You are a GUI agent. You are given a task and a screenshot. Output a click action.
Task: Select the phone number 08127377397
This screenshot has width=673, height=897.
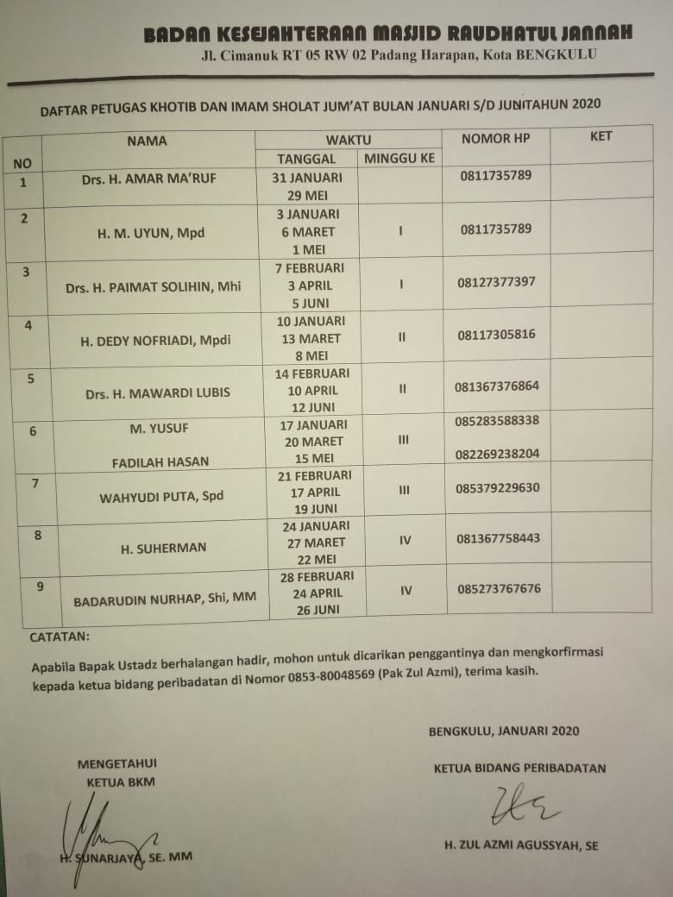click(x=497, y=282)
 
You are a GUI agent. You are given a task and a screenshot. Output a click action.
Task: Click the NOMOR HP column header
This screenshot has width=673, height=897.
click(x=496, y=138)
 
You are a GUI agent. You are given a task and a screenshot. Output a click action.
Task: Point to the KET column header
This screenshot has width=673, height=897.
click(x=601, y=136)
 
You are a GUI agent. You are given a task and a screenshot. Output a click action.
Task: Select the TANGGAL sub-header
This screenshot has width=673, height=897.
click(x=306, y=159)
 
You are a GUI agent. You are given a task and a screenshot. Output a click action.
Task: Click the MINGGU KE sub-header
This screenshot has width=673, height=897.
click(x=399, y=158)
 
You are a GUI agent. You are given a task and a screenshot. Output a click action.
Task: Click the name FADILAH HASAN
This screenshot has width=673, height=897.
click(x=160, y=461)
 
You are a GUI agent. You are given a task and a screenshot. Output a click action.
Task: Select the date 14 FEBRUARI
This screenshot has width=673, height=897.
click(x=311, y=373)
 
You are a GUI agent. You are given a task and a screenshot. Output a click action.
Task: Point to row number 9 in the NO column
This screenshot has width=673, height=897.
click(x=41, y=587)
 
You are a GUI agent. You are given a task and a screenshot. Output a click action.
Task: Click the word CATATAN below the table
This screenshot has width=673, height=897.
click(x=60, y=637)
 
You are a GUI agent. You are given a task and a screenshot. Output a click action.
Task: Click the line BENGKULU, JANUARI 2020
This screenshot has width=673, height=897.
click(x=504, y=731)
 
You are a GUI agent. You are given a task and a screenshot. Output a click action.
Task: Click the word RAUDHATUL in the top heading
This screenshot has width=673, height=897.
click(x=485, y=34)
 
